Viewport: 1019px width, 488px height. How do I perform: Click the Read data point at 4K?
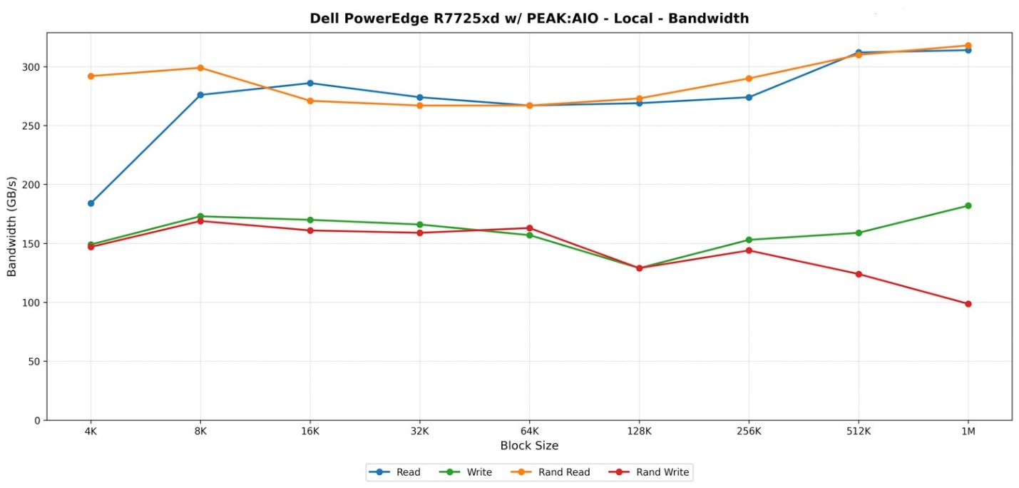tap(91, 203)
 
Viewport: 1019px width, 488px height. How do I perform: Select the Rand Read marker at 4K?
tap(91, 76)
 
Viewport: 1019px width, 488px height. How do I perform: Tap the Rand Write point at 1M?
tap(968, 304)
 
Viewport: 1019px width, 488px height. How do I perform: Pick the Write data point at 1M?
tap(968, 205)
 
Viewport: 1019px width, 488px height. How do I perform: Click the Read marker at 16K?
tap(310, 83)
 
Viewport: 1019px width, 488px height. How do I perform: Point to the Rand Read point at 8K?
tap(200, 68)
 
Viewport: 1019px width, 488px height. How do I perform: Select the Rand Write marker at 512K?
tap(859, 274)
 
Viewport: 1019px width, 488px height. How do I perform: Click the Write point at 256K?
tap(749, 240)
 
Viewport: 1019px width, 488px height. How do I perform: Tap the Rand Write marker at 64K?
tap(529, 228)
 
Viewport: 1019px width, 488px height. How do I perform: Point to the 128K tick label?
tap(639, 432)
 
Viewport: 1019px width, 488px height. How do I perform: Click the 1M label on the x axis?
tap(968, 432)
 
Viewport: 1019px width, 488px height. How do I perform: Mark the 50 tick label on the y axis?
tap(33, 362)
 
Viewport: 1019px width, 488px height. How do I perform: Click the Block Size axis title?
tap(529, 446)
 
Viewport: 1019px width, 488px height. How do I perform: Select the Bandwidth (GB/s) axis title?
tap(11, 226)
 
